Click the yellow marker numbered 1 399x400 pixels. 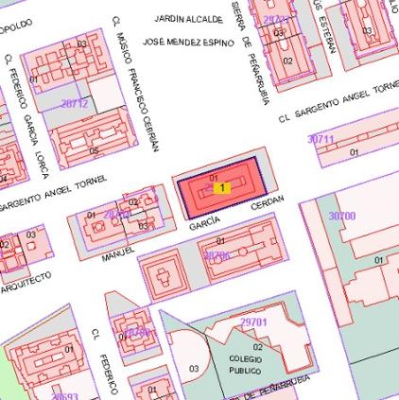coord(221,188)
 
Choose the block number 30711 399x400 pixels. coord(321,139)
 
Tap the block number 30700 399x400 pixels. coord(341,216)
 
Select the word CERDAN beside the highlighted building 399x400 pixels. coord(268,205)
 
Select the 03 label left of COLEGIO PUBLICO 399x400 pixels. coord(194,368)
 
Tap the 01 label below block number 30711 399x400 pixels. coord(355,150)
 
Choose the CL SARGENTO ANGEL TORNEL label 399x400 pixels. coord(338,103)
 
